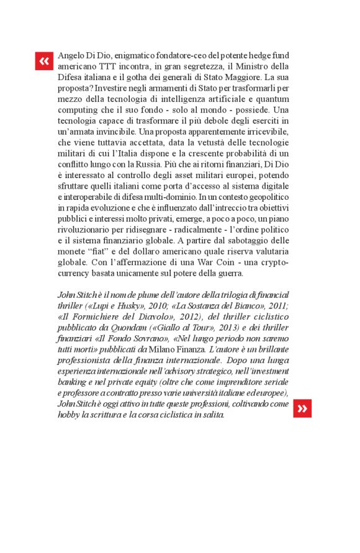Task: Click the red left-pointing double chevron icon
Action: tap(44, 61)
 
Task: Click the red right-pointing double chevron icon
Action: tap(302, 408)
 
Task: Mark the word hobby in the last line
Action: tap(69, 414)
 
